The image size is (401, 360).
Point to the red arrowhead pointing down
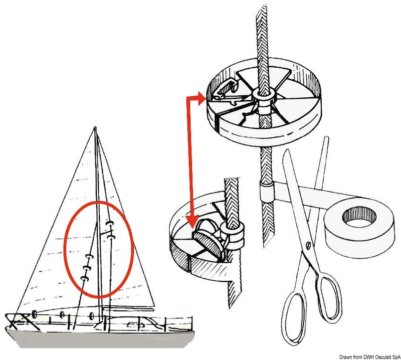191,221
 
